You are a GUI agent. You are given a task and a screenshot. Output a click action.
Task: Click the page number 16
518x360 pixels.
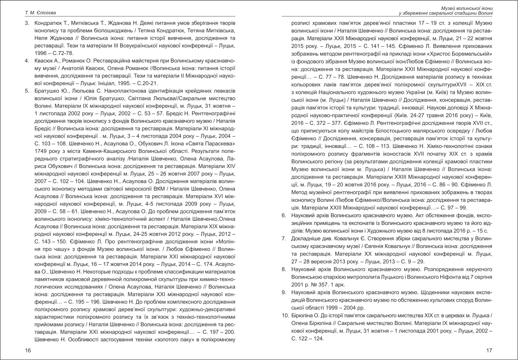27,350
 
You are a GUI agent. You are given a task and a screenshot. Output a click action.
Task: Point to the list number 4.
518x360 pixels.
26,61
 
